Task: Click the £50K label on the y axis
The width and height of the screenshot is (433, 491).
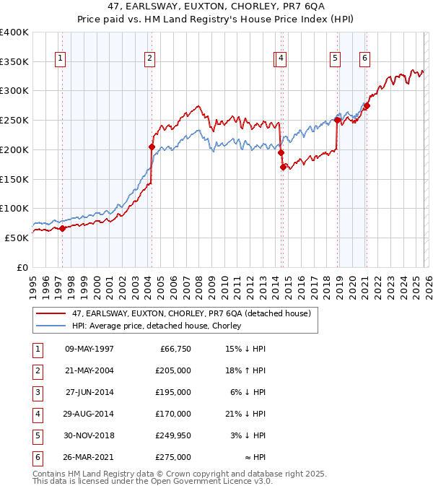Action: click(17, 238)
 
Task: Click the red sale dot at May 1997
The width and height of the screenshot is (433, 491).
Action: click(62, 228)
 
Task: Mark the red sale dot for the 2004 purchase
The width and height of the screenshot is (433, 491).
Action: click(152, 147)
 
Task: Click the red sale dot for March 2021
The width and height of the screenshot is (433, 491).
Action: click(367, 106)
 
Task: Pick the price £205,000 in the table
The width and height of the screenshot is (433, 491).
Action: click(174, 370)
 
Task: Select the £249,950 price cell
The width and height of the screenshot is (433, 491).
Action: click(174, 435)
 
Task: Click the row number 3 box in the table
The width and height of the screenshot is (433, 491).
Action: click(36, 392)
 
